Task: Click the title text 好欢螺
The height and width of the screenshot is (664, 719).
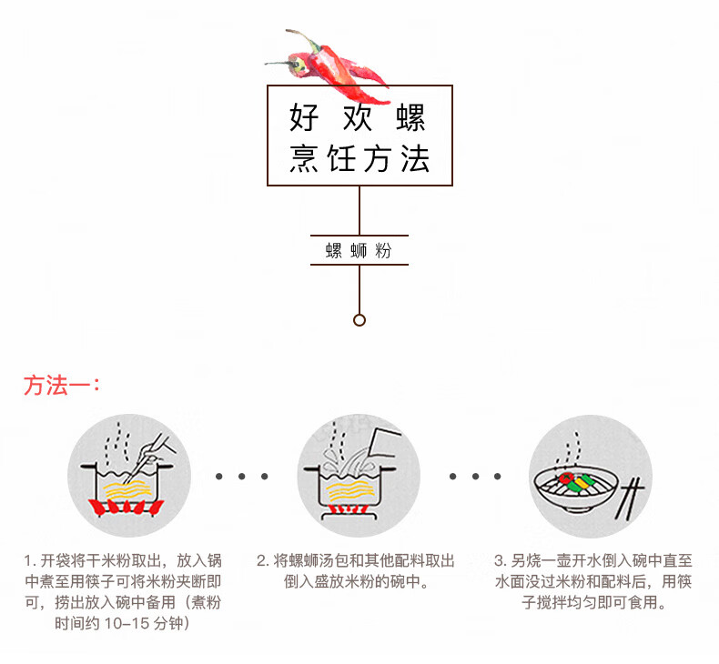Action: tap(358, 117)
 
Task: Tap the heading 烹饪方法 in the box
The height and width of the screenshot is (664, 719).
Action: tap(359, 159)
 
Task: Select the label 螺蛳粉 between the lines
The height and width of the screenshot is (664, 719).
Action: tap(359, 250)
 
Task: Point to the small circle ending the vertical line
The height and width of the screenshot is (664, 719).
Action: tap(359, 320)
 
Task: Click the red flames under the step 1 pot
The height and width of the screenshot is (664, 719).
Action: tap(127, 508)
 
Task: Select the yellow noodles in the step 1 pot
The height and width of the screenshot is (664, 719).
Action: tap(127, 491)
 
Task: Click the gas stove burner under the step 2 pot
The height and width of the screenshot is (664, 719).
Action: tap(349, 513)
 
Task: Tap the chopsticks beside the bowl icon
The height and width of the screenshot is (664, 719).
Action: tap(629, 498)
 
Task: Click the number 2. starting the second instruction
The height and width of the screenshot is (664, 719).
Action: tap(262, 560)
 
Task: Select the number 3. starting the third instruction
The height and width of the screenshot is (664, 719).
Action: tap(501, 560)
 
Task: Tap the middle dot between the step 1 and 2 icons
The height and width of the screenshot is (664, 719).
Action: tap(242, 477)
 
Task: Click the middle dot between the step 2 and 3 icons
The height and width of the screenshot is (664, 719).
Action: tap(475, 477)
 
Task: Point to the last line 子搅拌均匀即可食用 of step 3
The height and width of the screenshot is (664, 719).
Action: tap(593, 602)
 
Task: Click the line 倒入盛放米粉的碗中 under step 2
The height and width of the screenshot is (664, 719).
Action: tap(356, 581)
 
